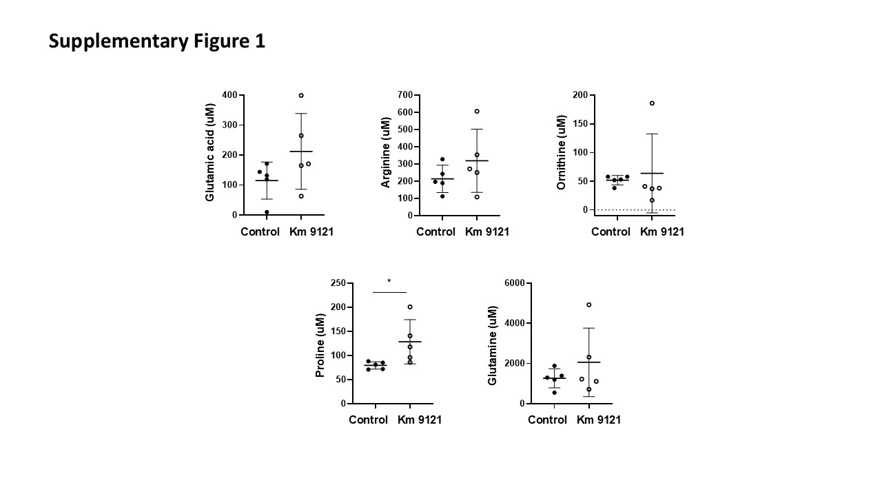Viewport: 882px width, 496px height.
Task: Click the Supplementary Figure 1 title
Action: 156,42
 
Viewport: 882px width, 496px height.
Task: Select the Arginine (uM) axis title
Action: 385,153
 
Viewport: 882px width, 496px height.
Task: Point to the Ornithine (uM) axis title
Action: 561,152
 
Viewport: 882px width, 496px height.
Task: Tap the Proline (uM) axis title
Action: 320,343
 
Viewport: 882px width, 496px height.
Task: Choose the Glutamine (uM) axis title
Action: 492,345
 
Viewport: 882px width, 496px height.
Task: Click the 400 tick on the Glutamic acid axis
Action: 229,95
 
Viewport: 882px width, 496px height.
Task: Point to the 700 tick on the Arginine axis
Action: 404,95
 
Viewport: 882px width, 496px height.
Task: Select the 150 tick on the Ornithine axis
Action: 580,124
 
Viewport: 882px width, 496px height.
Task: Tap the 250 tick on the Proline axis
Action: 338,283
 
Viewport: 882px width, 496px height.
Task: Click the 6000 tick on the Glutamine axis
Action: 514,283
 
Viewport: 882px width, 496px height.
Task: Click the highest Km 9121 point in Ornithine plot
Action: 652,103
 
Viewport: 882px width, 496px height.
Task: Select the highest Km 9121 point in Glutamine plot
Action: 589,304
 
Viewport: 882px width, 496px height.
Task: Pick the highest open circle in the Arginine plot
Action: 477,111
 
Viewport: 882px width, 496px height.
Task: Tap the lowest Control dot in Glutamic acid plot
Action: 267,212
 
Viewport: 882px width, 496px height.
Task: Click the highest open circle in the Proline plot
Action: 410,307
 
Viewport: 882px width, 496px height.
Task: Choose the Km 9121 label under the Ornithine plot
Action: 662,231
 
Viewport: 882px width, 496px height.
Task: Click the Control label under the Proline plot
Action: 368,420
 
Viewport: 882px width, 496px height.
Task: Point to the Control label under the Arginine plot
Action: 435,231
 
